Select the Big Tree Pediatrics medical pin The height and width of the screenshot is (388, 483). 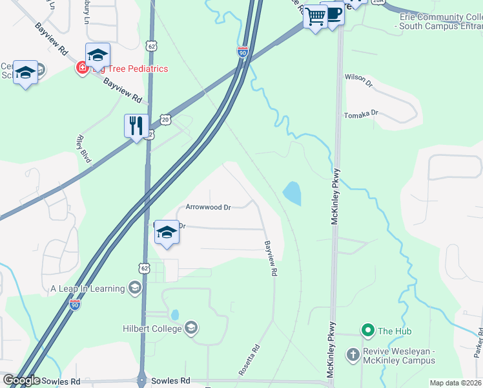click(82, 69)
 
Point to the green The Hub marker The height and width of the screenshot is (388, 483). click(368, 331)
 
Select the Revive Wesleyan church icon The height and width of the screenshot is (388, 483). click(353, 354)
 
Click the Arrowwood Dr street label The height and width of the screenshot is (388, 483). click(208, 208)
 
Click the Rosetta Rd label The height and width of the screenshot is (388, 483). click(249, 360)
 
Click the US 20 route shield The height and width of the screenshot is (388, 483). click(165, 120)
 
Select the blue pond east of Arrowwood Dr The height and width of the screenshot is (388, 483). click(292, 193)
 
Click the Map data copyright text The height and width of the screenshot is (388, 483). click(455, 383)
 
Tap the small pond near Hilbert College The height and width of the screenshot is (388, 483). click(175, 315)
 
